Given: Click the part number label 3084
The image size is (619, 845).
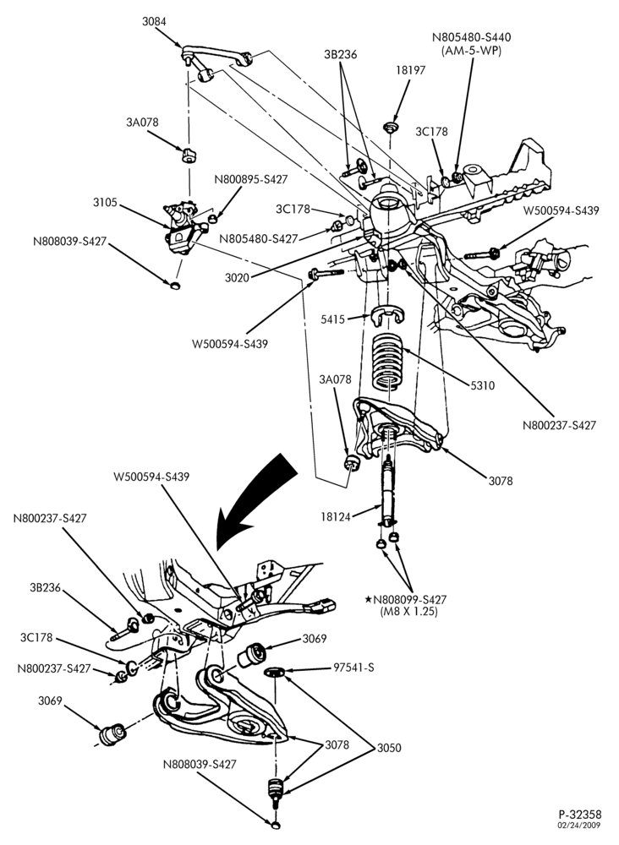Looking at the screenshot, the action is click(154, 22).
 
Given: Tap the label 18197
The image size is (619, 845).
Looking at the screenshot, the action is click(410, 70).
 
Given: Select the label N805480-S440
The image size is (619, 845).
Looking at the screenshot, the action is click(471, 37).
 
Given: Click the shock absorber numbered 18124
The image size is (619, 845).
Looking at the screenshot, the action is click(387, 490).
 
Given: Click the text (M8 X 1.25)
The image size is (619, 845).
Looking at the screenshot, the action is click(409, 612).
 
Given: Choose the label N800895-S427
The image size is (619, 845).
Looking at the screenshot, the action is click(250, 179).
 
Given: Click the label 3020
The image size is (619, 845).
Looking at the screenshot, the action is click(237, 278).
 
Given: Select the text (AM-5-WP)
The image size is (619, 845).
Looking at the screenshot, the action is click(471, 51).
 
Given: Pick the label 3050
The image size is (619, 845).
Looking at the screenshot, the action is click(389, 748).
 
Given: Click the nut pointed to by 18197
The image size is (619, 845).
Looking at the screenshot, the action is click(390, 128).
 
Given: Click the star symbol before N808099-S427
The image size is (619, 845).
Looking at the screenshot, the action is click(369, 599).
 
